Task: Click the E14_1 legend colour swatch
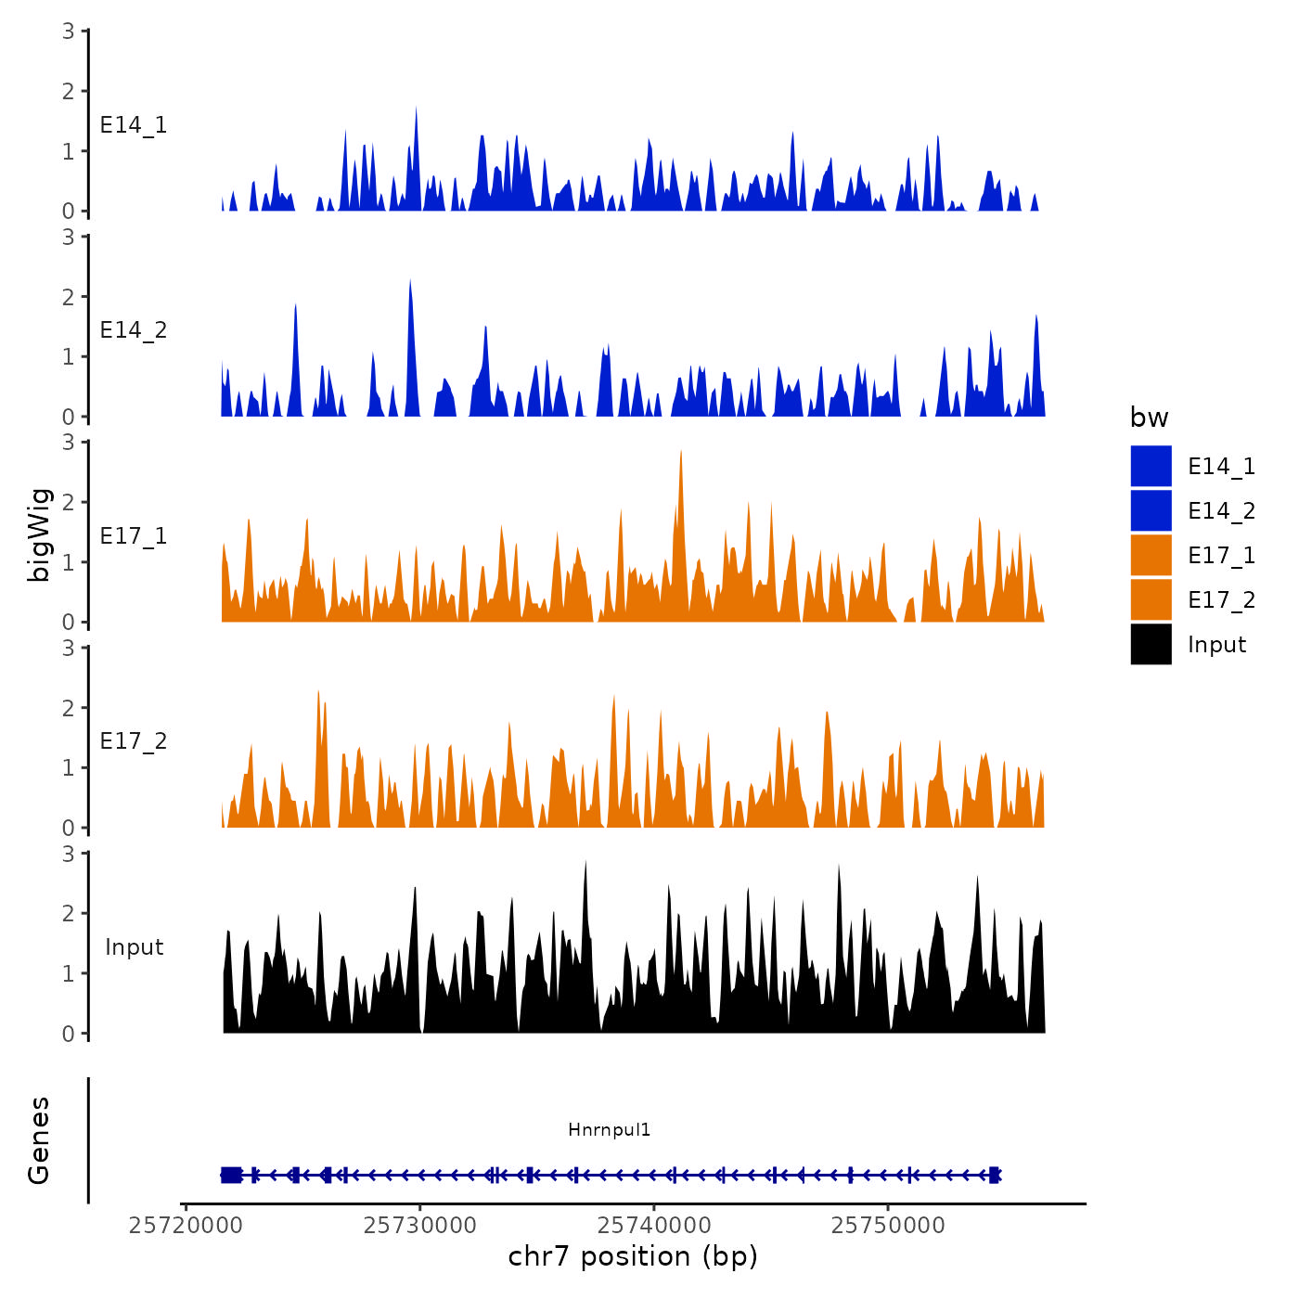(1151, 466)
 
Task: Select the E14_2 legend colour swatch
(1151, 510)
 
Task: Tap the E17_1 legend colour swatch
(1151, 555)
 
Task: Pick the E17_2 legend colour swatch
(1151, 599)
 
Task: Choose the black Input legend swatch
(1151, 644)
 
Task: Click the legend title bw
(1149, 418)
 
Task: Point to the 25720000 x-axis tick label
(186, 1225)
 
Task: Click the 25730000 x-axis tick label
(420, 1225)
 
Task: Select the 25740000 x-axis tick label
(654, 1225)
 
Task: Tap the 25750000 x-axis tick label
(888, 1225)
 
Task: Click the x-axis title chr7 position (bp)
(633, 1256)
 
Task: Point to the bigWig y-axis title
(39, 534)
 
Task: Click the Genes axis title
(39, 1140)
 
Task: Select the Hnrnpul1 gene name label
(610, 1129)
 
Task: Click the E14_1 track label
(134, 125)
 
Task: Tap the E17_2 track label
(134, 741)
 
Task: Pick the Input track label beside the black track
(134, 947)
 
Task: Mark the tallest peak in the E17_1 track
(681, 453)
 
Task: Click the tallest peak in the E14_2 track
(410, 282)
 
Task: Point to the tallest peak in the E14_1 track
(416, 109)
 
